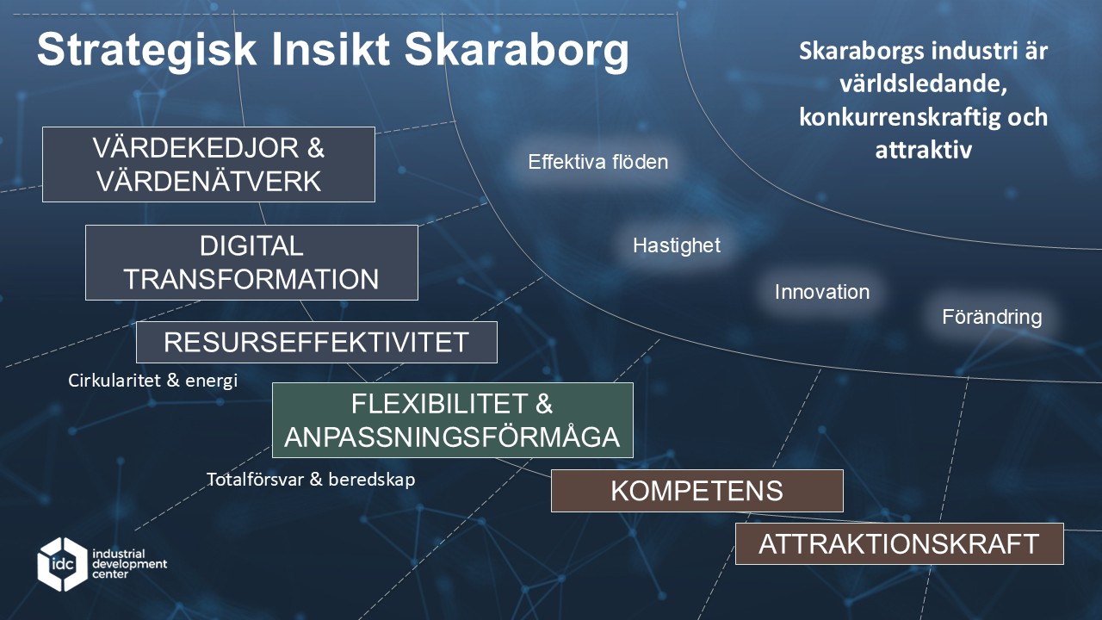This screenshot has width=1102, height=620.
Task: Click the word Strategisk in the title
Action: (x=146, y=50)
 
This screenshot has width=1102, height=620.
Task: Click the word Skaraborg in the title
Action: (x=517, y=50)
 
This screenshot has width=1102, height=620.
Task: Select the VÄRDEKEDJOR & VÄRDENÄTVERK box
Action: (x=208, y=164)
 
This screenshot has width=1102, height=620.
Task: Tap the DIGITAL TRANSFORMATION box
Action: (x=251, y=263)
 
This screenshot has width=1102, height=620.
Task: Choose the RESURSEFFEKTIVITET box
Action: (x=316, y=342)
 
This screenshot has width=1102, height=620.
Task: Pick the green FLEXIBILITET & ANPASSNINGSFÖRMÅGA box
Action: (x=452, y=420)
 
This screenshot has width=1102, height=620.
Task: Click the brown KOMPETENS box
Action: (x=697, y=491)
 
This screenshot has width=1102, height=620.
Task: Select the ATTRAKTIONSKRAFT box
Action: (x=900, y=543)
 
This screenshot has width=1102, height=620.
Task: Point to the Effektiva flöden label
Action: (x=598, y=162)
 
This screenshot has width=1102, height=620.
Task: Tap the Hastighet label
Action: (x=677, y=245)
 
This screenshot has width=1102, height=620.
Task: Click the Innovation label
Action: (x=822, y=292)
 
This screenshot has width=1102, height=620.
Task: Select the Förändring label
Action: (x=992, y=316)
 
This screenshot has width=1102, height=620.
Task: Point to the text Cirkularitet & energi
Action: (x=153, y=381)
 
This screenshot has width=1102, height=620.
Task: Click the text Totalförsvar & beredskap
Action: (x=311, y=480)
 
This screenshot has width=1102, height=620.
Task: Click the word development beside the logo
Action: (x=130, y=564)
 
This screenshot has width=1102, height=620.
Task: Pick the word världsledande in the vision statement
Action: (x=923, y=84)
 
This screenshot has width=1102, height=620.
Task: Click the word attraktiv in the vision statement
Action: (x=924, y=150)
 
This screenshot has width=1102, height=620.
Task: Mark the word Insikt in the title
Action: (x=331, y=50)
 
